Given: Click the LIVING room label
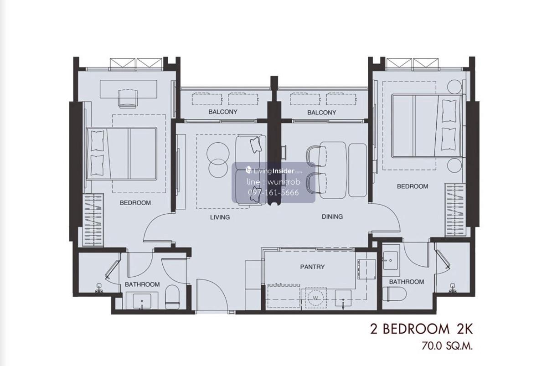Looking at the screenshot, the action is pyautogui.click(x=220, y=217).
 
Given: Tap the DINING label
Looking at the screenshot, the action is pyautogui.click(x=332, y=217).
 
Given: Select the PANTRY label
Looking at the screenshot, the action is pyautogui.click(x=312, y=267).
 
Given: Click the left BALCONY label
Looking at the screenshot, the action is pyautogui.click(x=223, y=112).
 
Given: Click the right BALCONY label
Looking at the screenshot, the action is pyautogui.click(x=322, y=113).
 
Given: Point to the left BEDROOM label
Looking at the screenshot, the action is pyautogui.click(x=135, y=203).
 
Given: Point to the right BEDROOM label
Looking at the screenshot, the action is pyautogui.click(x=413, y=186).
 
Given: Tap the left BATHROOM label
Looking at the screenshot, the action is pyautogui.click(x=142, y=284).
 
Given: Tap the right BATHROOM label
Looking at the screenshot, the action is pyautogui.click(x=407, y=282).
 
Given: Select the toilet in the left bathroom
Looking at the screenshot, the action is pyautogui.click(x=172, y=297).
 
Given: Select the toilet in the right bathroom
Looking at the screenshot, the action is pyautogui.click(x=394, y=294).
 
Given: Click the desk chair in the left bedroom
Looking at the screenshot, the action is pyautogui.click(x=128, y=98).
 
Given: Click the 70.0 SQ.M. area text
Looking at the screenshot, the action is pyautogui.click(x=447, y=346).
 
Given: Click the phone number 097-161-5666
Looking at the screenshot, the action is pyautogui.click(x=273, y=193).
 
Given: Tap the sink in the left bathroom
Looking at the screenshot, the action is pyautogui.click(x=142, y=301).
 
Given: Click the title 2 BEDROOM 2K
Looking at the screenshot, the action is pyautogui.click(x=422, y=330).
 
